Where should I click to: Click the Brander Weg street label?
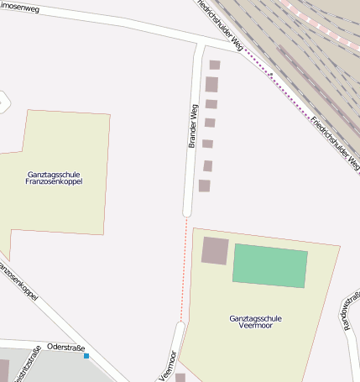coord(193,126)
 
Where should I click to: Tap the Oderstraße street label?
coord(66,347)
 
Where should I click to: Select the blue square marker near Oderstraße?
coord(86,356)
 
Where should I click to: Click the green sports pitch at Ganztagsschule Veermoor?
coord(270,265)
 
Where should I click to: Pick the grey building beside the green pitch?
coord(215,250)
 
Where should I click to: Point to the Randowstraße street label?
coord(352,311)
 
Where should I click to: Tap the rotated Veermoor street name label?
coord(167,366)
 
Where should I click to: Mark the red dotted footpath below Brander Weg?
coord(185,269)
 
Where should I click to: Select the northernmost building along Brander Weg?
coord(215,65)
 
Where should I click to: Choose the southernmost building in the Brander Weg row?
coord(204,186)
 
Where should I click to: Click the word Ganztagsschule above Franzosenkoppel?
coord(55,174)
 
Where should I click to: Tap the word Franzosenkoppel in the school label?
coord(55,181)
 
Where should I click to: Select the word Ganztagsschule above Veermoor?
coord(257,318)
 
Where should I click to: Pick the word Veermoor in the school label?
coord(257,325)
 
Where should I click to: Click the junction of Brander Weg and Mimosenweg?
coord(201,42)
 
